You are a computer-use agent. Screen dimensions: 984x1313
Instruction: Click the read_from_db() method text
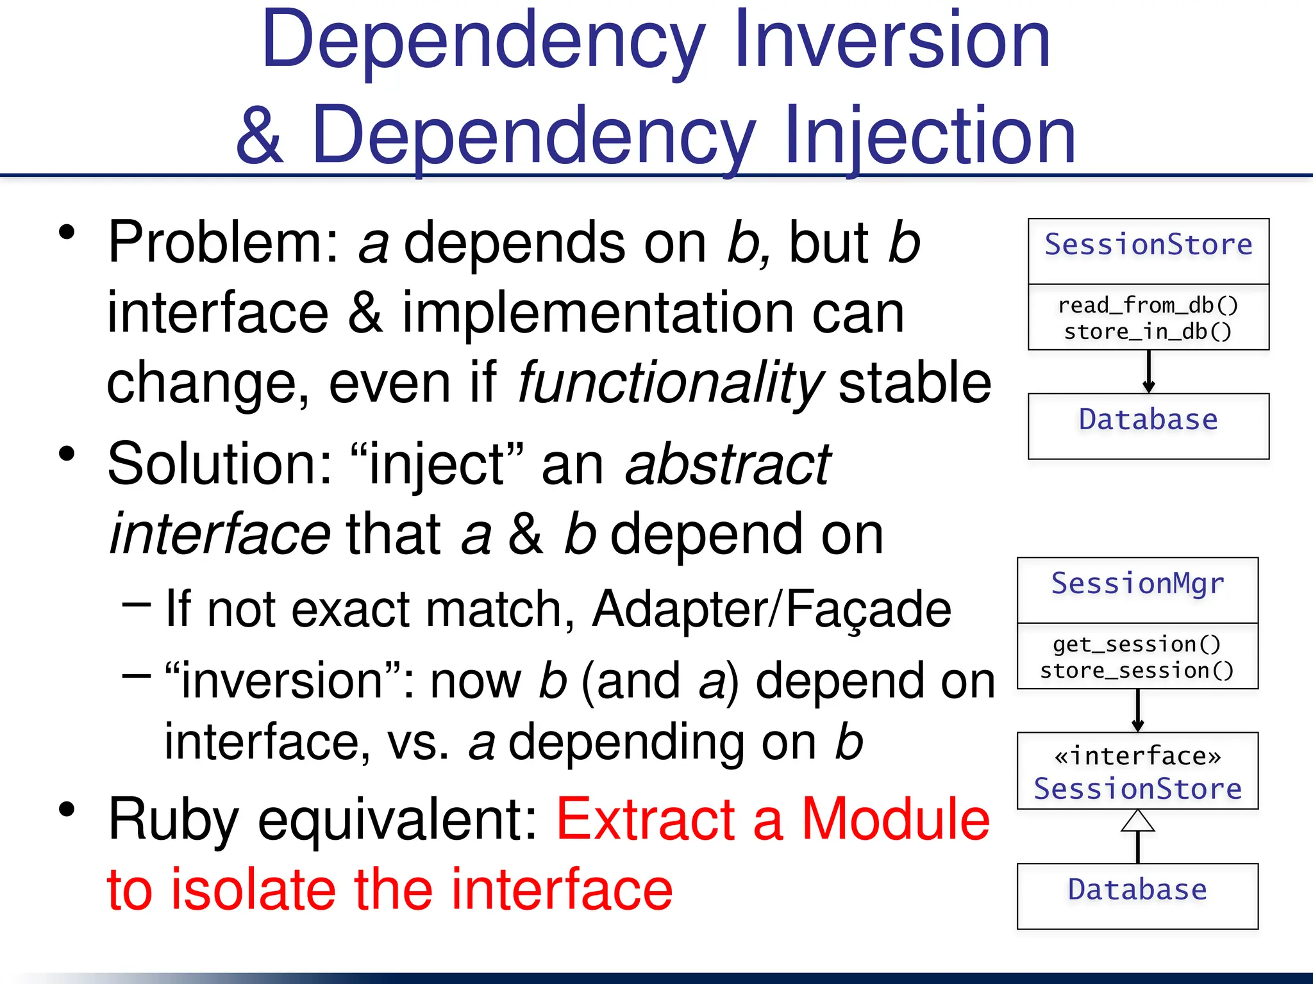click(1148, 305)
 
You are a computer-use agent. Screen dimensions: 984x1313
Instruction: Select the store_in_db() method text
click(1148, 332)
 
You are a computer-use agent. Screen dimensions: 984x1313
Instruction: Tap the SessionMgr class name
click(1137, 584)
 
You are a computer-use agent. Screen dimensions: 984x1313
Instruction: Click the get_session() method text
click(1137, 644)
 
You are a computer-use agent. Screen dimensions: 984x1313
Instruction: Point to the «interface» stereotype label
click(1137, 757)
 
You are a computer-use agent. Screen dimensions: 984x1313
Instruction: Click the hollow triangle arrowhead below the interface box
click(1138, 821)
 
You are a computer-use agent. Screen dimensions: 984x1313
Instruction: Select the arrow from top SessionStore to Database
click(1148, 372)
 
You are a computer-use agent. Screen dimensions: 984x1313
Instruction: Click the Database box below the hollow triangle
click(1137, 896)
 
